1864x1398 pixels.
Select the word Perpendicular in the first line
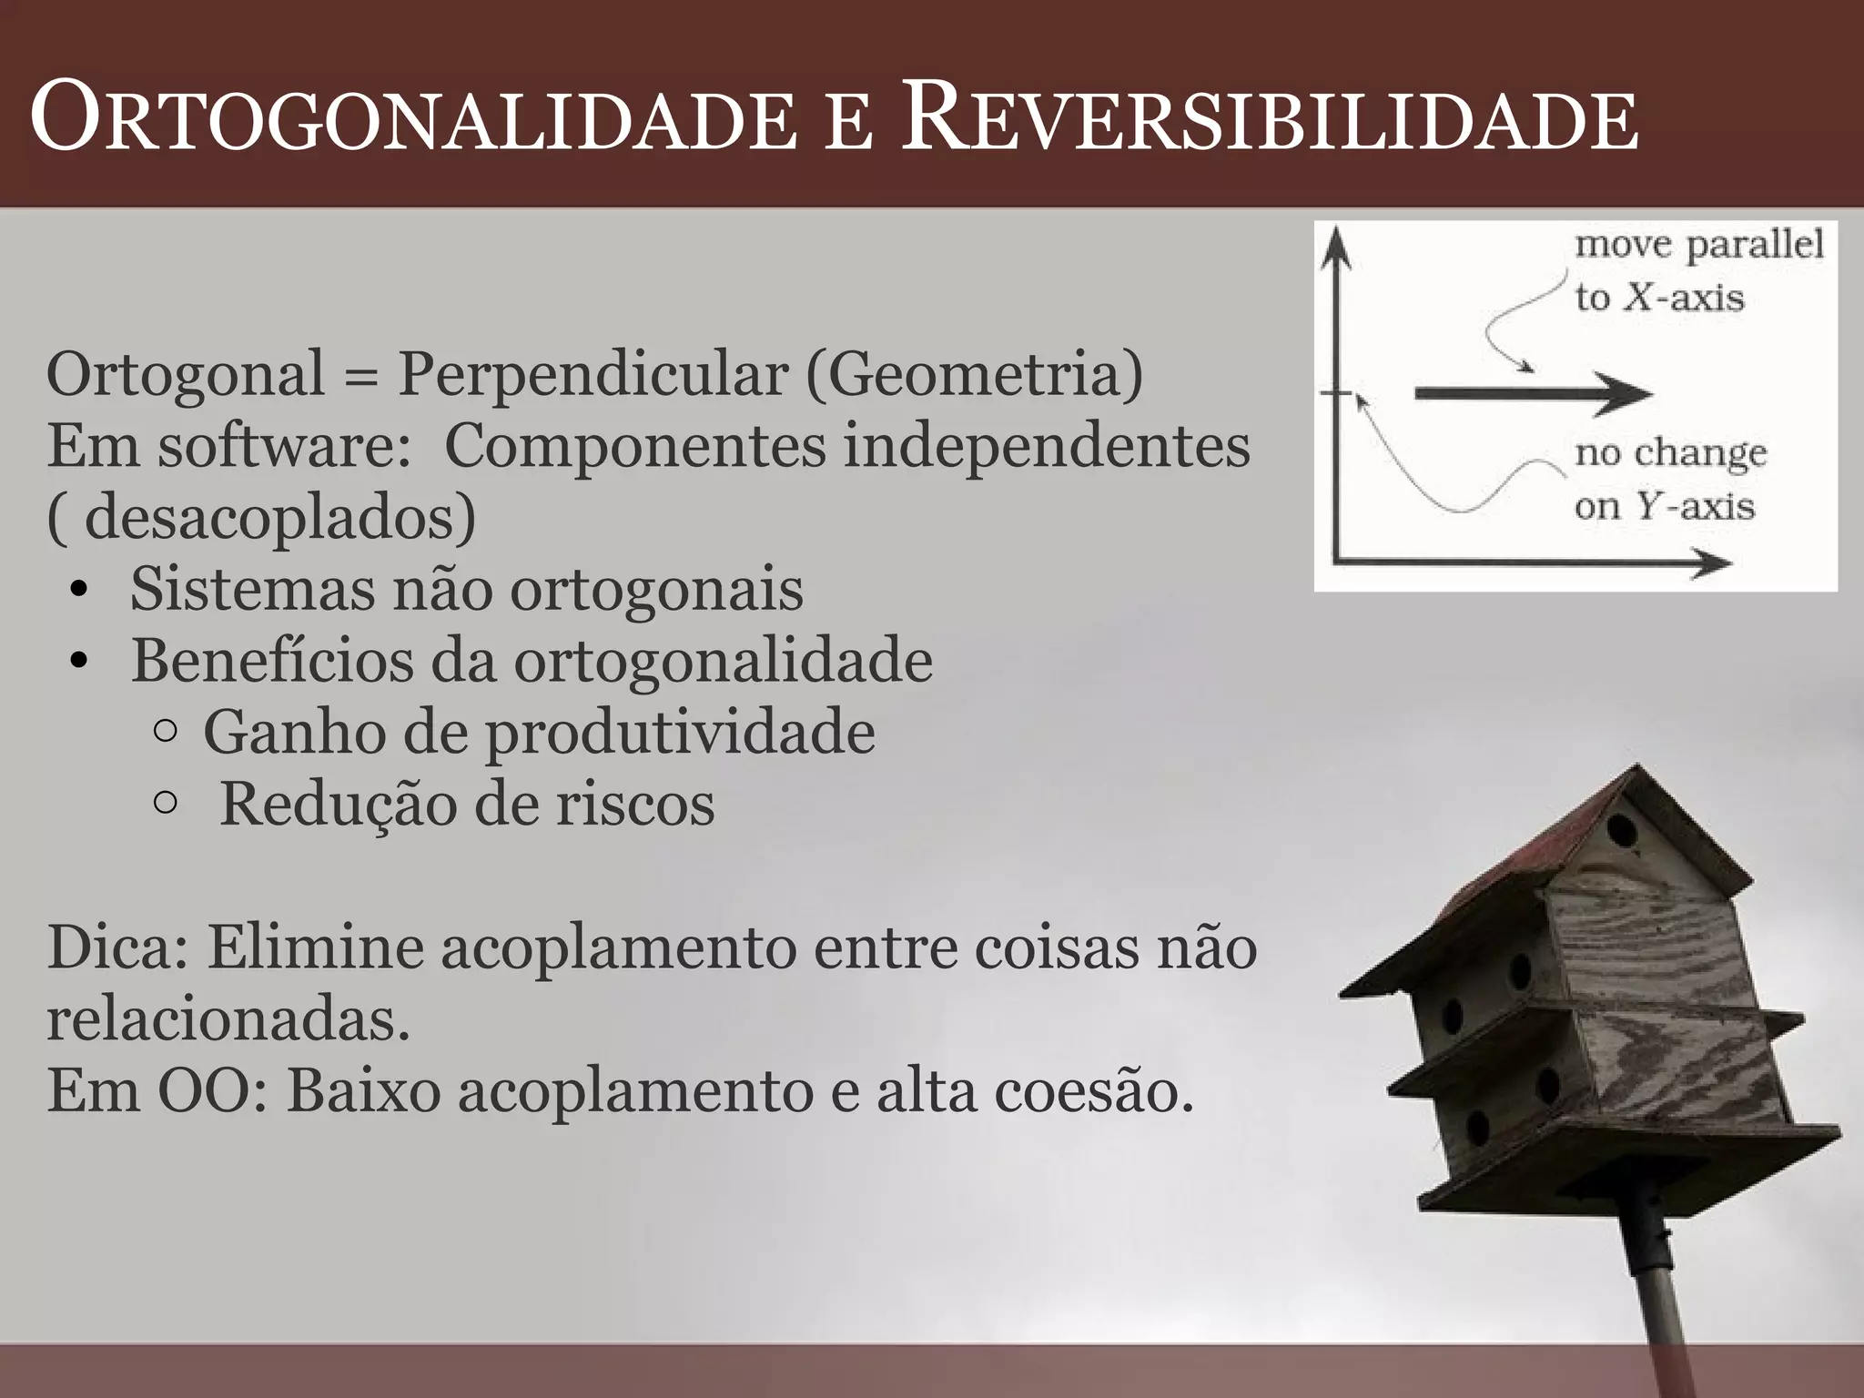592,373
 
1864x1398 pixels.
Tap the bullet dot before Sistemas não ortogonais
79,593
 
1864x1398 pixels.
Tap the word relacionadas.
228,1019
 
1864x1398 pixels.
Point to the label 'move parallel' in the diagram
1698,246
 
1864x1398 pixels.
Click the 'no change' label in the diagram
1670,453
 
